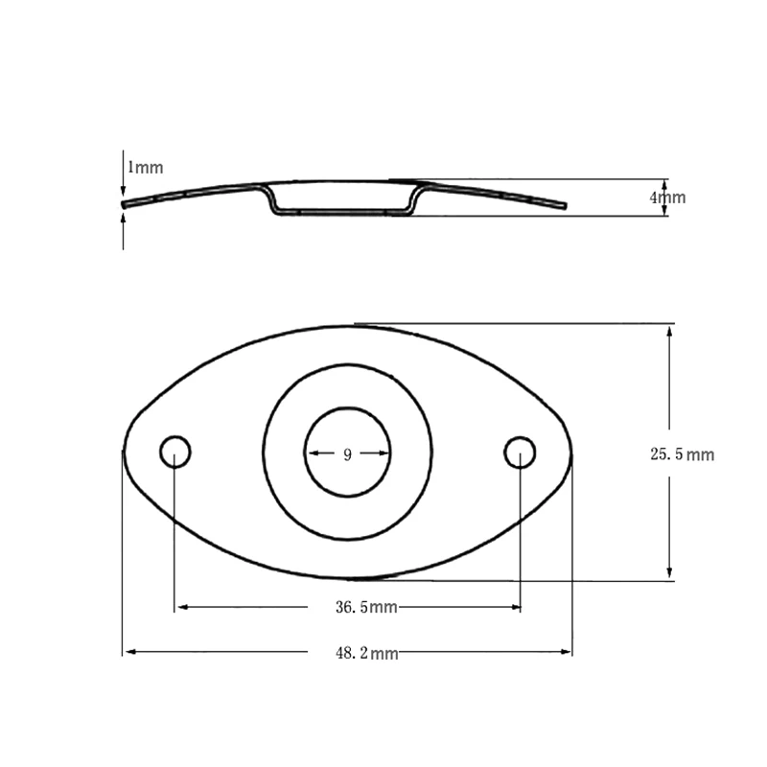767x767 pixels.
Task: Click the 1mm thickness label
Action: coord(146,167)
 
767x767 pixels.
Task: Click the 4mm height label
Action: coord(668,198)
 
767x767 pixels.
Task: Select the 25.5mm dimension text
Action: coord(683,454)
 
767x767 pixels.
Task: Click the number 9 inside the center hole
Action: coord(347,454)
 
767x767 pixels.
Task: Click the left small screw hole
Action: coord(174,451)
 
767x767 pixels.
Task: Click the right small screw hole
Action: coord(520,451)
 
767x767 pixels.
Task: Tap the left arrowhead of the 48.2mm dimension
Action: coord(128,653)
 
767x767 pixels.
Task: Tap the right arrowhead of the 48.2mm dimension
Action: coord(567,653)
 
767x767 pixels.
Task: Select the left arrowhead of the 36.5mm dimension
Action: coord(180,607)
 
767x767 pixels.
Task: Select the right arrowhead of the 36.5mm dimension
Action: coord(515,607)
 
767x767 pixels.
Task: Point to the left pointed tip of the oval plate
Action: coord(124,451)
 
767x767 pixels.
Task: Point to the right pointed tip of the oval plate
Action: coord(571,451)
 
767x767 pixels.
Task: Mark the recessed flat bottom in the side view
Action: coord(340,212)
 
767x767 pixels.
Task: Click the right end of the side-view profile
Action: coord(564,205)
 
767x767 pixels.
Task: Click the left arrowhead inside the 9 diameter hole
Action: coord(311,454)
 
